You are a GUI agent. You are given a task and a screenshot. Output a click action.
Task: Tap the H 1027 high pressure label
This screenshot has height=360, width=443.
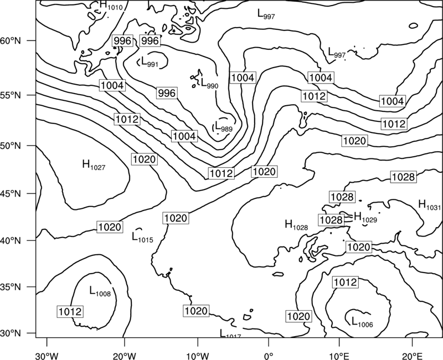[x=94, y=164]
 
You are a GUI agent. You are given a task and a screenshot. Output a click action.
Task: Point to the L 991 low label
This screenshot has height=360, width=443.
[x=150, y=62]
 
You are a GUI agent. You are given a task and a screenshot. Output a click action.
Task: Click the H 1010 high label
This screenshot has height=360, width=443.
[x=112, y=6]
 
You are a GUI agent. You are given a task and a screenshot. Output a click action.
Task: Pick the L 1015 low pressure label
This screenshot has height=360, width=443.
[x=142, y=238]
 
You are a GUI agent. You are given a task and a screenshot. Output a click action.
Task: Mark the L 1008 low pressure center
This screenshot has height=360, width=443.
[x=100, y=291]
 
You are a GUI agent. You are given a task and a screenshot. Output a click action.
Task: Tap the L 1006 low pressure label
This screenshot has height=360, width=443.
[x=362, y=322]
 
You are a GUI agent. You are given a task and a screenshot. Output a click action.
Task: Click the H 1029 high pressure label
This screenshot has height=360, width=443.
[x=365, y=217]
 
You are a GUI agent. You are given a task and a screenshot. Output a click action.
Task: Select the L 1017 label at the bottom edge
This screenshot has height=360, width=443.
[x=230, y=334]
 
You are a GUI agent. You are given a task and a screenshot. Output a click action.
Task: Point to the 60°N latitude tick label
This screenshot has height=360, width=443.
[x=11, y=40]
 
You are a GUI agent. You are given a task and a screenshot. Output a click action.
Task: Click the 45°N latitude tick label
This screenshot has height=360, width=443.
[x=11, y=193]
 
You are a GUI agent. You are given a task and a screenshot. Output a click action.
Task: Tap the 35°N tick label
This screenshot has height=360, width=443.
[x=11, y=287]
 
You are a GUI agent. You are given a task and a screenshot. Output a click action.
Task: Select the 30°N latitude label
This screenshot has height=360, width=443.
[x=11, y=333]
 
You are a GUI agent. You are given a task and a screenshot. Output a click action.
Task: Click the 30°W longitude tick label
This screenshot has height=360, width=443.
[x=47, y=356]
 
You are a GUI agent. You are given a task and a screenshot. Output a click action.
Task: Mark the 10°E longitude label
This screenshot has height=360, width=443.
[x=339, y=356]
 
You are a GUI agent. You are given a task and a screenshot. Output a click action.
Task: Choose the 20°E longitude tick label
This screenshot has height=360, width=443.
[x=412, y=356]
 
